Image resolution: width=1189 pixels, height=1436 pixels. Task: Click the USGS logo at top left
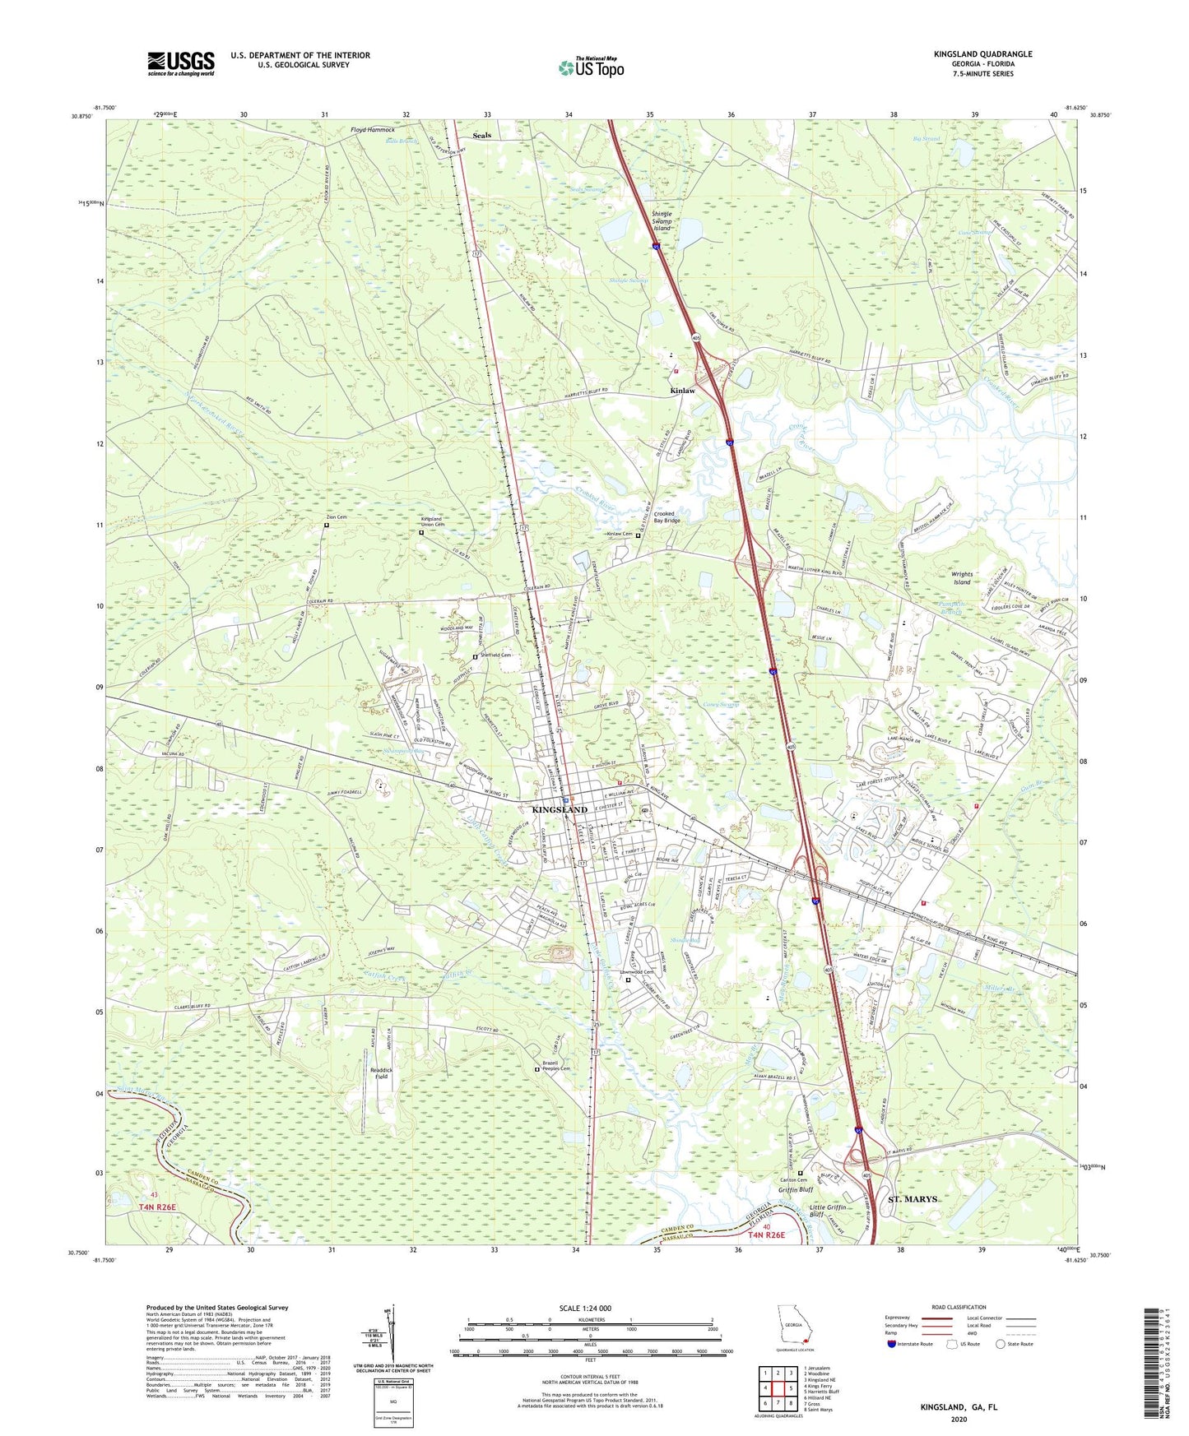point(181,63)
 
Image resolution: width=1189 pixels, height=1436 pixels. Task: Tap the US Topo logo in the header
point(591,67)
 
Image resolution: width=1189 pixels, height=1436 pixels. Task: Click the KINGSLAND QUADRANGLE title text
point(982,54)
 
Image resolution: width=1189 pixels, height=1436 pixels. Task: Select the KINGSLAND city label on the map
point(560,810)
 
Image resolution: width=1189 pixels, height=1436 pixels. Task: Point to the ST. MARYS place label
point(913,1199)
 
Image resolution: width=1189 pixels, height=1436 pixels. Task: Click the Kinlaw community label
point(682,391)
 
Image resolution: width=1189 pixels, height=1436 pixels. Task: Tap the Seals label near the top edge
point(482,136)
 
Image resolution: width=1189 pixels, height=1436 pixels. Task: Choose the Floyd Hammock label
point(373,130)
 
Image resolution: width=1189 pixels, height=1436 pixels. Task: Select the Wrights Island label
point(962,578)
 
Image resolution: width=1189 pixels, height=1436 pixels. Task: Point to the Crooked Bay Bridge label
point(666,517)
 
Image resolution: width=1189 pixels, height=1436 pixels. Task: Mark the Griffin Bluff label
point(796,1189)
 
